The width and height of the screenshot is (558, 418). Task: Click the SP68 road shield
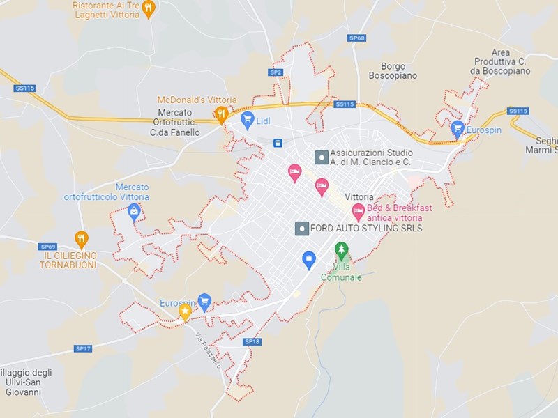click(356, 38)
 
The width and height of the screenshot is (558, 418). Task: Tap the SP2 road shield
click(276, 72)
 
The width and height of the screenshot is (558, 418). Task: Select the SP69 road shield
click(48, 246)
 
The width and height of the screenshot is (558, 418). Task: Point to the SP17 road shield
click(83, 348)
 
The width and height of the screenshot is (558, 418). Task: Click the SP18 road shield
click(252, 341)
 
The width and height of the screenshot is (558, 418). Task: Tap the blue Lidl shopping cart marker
click(247, 119)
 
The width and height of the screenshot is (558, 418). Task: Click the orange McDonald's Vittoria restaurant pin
click(222, 114)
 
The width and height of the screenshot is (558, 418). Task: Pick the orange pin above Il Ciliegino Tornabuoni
click(82, 239)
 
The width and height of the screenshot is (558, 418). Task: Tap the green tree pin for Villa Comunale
click(341, 249)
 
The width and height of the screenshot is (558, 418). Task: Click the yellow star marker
click(185, 311)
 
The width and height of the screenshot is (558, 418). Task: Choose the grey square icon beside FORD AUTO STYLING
click(302, 228)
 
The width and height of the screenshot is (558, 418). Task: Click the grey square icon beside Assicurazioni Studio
click(321, 157)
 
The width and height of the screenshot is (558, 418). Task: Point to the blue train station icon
click(278, 143)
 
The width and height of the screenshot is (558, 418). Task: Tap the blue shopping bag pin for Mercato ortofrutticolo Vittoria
click(134, 211)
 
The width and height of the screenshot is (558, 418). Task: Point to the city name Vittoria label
click(359, 197)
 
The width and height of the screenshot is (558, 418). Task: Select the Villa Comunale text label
click(341, 272)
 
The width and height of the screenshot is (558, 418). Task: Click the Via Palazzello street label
click(208, 350)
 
